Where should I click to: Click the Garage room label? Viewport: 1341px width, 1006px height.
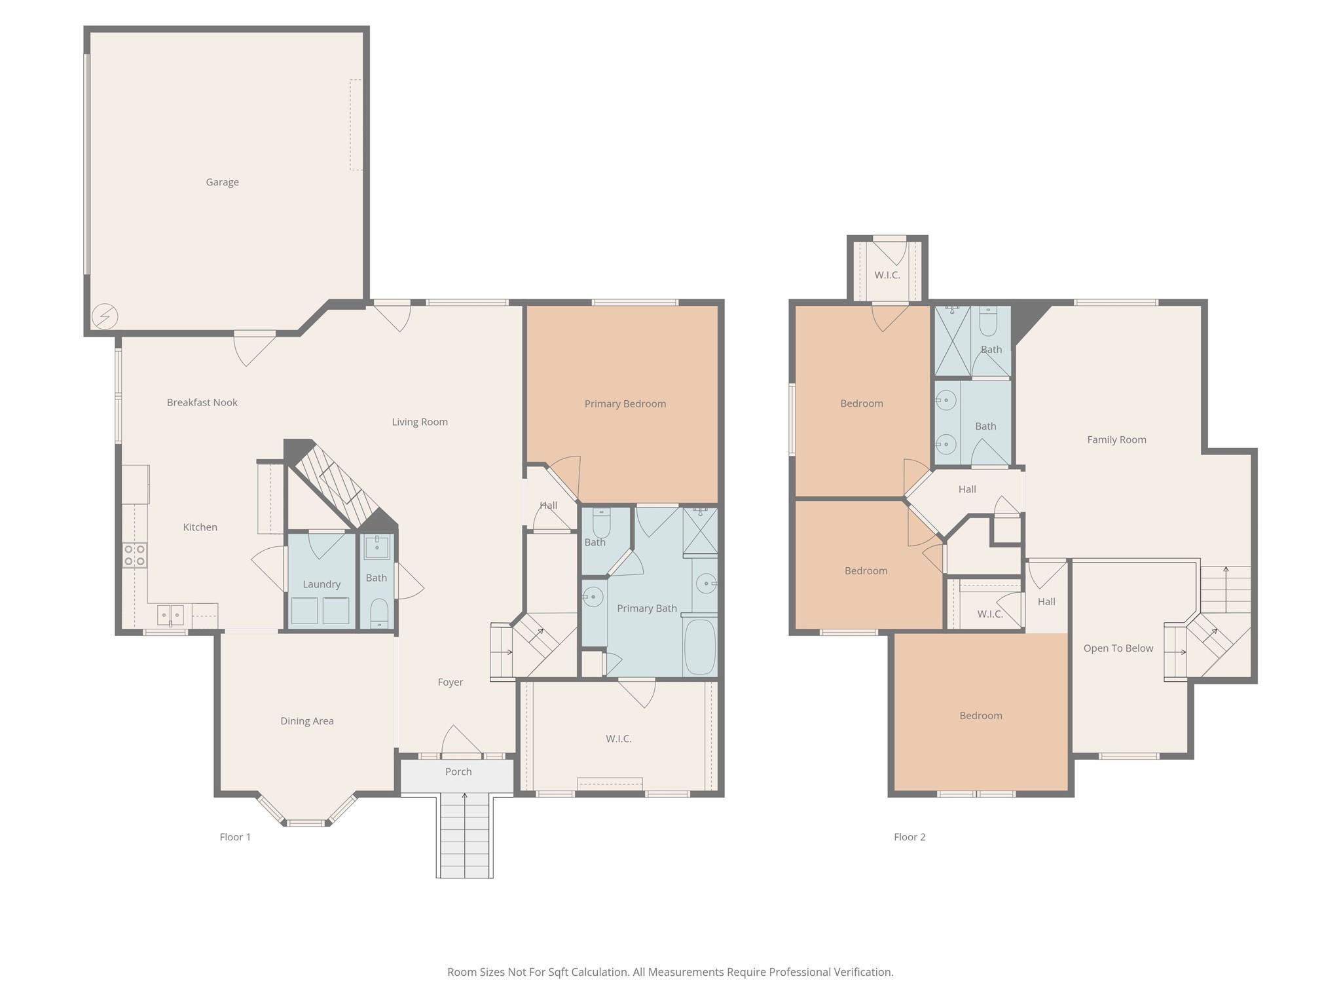click(222, 182)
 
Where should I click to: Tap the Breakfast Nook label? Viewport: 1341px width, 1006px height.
click(202, 402)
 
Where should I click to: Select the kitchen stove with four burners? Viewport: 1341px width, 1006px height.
click(134, 555)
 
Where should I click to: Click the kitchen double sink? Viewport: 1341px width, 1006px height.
click(170, 615)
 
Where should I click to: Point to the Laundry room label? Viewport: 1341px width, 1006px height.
click(321, 584)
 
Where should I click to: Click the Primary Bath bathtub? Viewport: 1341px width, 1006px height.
click(700, 646)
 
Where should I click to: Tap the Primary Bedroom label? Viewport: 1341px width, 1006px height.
click(625, 403)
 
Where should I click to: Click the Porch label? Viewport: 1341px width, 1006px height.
click(458, 772)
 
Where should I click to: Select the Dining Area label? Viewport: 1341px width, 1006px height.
click(307, 721)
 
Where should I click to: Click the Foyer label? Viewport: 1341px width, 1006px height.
click(450, 682)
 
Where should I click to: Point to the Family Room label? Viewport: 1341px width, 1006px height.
click(1116, 439)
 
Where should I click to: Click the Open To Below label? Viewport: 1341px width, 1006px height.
click(1118, 648)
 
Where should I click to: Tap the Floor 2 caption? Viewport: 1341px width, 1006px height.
click(909, 837)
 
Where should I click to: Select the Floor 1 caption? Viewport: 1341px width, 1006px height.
click(235, 837)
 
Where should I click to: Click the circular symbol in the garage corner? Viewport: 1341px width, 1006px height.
click(105, 317)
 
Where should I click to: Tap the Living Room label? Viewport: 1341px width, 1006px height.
click(420, 422)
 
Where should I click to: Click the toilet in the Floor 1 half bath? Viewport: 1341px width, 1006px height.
click(379, 613)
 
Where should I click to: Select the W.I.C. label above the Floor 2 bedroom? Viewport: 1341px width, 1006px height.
click(887, 275)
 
